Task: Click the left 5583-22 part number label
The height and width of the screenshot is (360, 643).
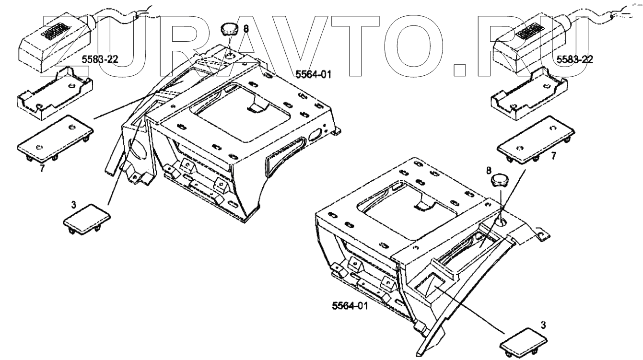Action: pyautogui.click(x=99, y=59)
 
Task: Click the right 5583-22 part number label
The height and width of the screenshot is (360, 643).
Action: pyautogui.click(x=574, y=59)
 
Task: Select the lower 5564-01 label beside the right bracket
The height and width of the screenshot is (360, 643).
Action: pyautogui.click(x=350, y=305)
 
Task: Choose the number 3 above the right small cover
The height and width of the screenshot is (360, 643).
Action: pyautogui.click(x=543, y=325)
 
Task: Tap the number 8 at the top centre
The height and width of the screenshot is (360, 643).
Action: pyautogui.click(x=246, y=29)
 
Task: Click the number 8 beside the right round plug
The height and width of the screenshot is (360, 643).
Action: pyautogui.click(x=489, y=170)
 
